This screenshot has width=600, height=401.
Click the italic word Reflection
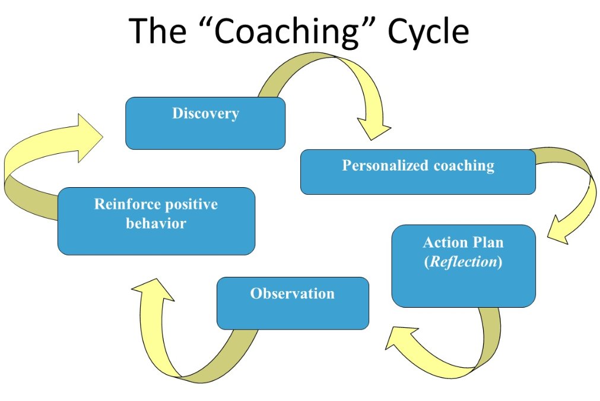[x=463, y=262]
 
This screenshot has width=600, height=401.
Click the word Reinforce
[x=127, y=205]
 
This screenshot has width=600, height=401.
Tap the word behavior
[x=156, y=224]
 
